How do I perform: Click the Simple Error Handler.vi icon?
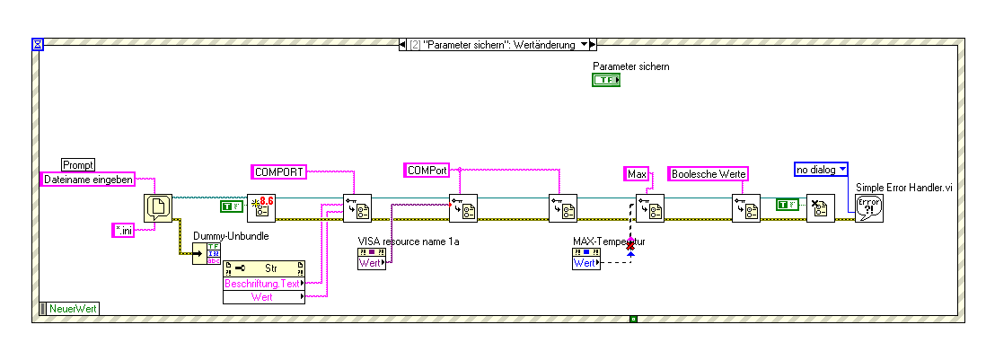(x=868, y=208)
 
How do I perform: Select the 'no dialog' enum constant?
(x=821, y=169)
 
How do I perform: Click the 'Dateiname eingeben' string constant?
(x=88, y=180)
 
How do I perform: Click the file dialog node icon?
(x=158, y=208)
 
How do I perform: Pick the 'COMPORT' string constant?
(x=278, y=170)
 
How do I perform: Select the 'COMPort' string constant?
(x=427, y=170)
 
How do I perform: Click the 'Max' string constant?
(x=637, y=173)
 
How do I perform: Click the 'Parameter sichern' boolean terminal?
(x=606, y=81)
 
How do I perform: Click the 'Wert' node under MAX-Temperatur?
(x=585, y=262)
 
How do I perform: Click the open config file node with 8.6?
(x=260, y=207)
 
